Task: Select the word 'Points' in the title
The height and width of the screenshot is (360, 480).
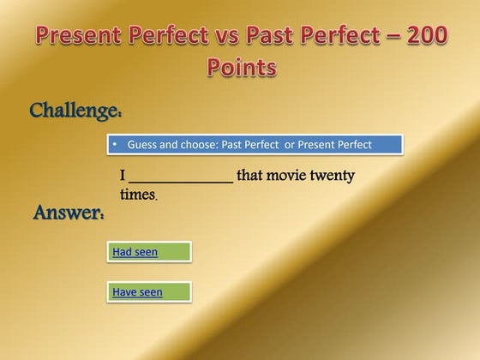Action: click(242, 67)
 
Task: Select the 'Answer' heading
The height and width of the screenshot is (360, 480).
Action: click(69, 213)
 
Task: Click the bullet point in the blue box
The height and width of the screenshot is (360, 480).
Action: click(114, 145)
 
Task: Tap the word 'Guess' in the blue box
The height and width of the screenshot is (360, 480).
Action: click(142, 145)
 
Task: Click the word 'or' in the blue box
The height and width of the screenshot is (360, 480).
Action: click(289, 145)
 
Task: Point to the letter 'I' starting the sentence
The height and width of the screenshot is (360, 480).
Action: click(123, 177)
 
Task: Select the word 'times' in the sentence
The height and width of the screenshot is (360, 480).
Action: click(137, 195)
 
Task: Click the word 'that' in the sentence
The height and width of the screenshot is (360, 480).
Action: click(251, 176)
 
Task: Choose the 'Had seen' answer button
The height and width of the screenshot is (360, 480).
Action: click(148, 251)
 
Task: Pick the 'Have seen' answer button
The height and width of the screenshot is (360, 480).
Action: click(148, 291)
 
